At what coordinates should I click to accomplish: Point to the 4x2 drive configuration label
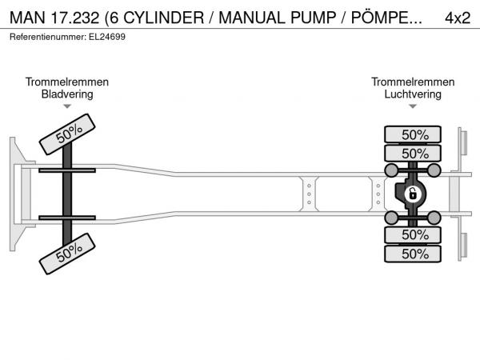click(457, 18)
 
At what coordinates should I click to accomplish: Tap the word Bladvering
click(67, 94)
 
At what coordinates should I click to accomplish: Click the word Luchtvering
click(413, 94)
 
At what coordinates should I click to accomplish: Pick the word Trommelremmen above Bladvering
click(67, 82)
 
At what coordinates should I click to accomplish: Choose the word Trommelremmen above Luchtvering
click(413, 82)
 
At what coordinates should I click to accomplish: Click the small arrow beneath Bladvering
click(67, 106)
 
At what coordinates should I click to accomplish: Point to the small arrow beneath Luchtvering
click(413, 106)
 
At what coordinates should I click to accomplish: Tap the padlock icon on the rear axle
click(413, 194)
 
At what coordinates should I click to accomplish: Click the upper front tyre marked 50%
click(68, 133)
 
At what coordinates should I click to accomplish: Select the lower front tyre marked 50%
click(68, 255)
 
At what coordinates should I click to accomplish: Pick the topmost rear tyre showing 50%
click(414, 134)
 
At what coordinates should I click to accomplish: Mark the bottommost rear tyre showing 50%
click(414, 254)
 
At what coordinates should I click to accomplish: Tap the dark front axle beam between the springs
click(68, 194)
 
